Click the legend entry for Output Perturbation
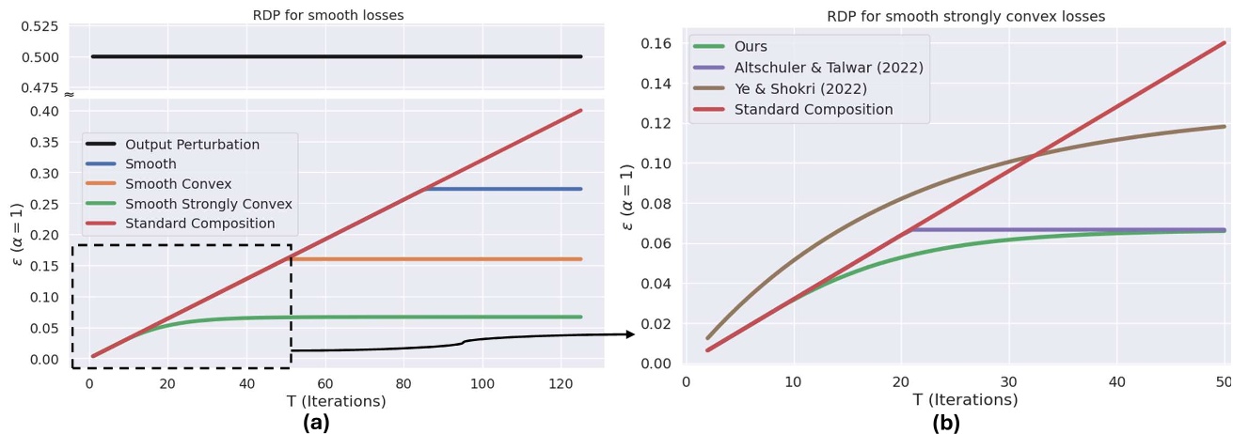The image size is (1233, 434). point(192,145)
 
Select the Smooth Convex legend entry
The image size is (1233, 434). point(178,184)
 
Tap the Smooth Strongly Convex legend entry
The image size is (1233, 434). point(208,204)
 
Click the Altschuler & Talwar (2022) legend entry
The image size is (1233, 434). point(829,68)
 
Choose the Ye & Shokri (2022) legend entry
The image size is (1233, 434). point(814,88)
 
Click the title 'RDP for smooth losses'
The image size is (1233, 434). point(328,15)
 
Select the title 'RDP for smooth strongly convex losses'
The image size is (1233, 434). point(966,16)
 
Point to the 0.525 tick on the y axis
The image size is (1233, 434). point(39,26)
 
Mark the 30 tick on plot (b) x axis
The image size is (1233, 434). point(1009,382)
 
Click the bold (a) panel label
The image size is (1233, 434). point(316,423)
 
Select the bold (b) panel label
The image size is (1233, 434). point(946,423)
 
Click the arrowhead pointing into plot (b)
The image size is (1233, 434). point(630,334)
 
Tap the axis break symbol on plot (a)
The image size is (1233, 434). point(69,95)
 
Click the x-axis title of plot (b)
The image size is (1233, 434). point(965,400)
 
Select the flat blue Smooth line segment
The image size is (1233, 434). point(503,189)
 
